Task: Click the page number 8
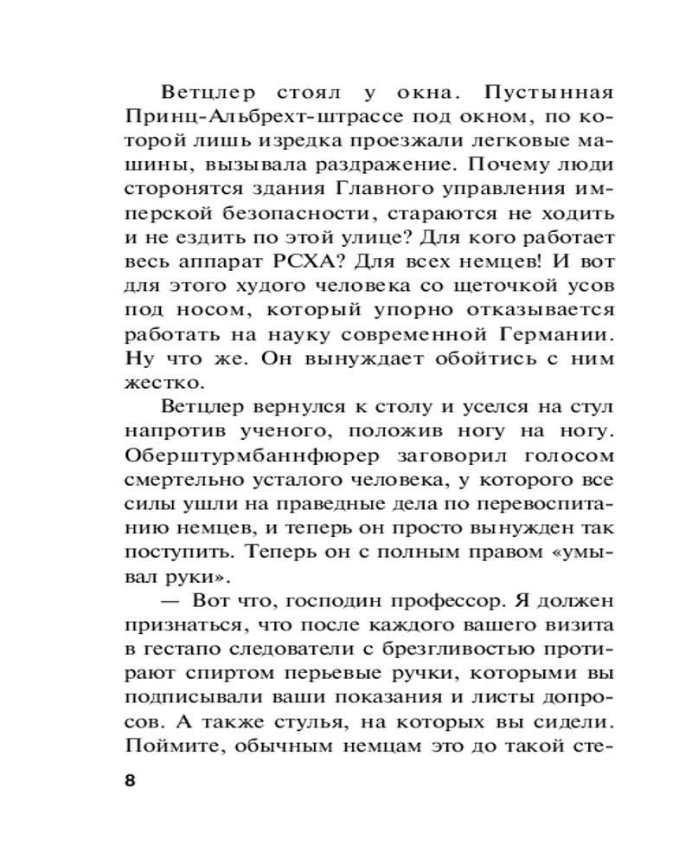pyautogui.click(x=130, y=779)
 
